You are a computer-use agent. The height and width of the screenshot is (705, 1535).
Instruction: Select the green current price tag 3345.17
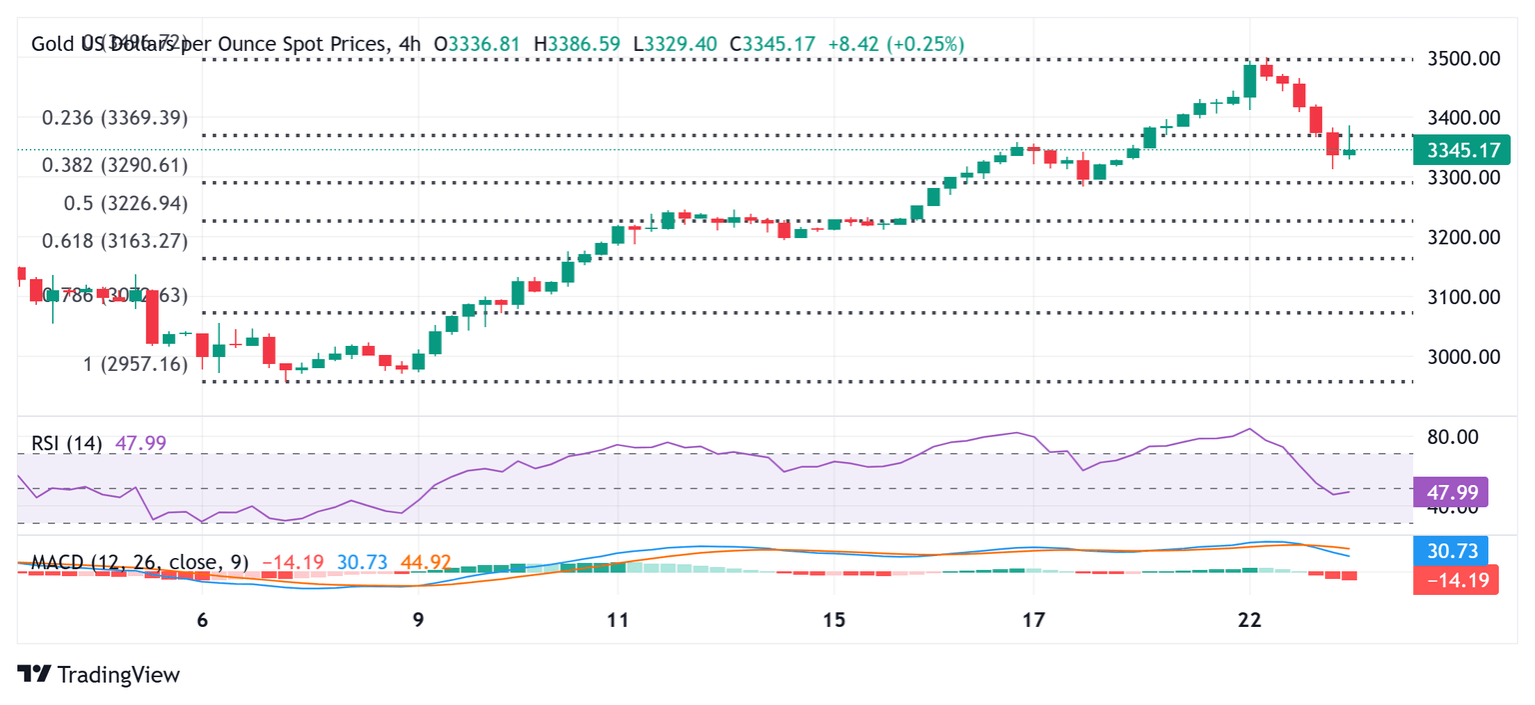[1462, 151]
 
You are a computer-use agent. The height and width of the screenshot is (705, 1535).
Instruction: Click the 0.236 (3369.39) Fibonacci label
[115, 118]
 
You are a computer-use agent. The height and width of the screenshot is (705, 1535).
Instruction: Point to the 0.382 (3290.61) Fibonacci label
[115, 165]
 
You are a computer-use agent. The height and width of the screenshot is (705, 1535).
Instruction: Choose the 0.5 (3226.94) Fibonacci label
[126, 204]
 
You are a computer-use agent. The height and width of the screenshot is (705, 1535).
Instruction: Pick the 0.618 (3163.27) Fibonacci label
[115, 241]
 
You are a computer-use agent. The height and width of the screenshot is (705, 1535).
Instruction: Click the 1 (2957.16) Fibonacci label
[136, 364]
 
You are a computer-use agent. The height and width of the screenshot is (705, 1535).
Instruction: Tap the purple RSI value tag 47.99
[1451, 492]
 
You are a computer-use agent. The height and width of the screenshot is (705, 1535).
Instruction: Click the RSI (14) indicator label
[66, 443]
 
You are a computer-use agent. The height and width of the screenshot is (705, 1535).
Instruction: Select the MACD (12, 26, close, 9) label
[140, 563]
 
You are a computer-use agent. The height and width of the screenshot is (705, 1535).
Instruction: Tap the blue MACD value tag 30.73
[1451, 550]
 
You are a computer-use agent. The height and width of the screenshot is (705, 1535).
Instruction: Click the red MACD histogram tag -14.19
[1455, 579]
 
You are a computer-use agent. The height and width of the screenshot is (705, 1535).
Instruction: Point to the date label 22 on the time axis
[1248, 620]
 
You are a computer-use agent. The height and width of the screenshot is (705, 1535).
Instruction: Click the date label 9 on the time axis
[418, 620]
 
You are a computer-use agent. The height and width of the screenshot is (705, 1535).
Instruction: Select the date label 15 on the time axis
[834, 620]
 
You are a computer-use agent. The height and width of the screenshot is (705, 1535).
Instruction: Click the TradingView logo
[99, 675]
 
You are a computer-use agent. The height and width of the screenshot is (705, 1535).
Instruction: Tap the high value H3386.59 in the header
[578, 44]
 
